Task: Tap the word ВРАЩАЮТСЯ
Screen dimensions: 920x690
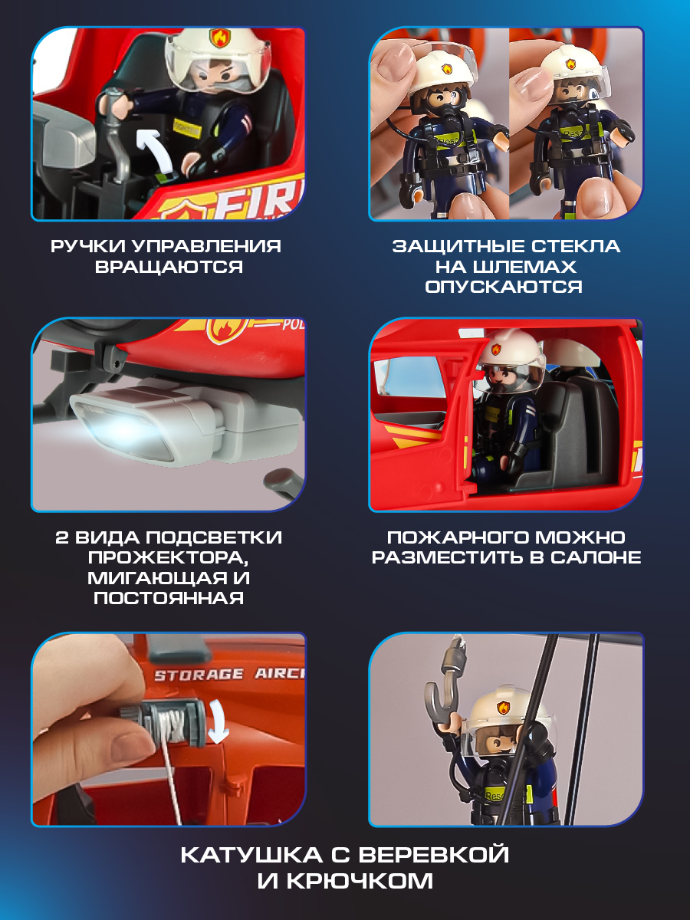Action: coord(169,267)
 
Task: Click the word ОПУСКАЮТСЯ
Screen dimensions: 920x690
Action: coord(505,287)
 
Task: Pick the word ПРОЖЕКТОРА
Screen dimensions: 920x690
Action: coord(169,557)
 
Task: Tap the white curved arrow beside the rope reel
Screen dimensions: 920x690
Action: coord(223,724)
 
